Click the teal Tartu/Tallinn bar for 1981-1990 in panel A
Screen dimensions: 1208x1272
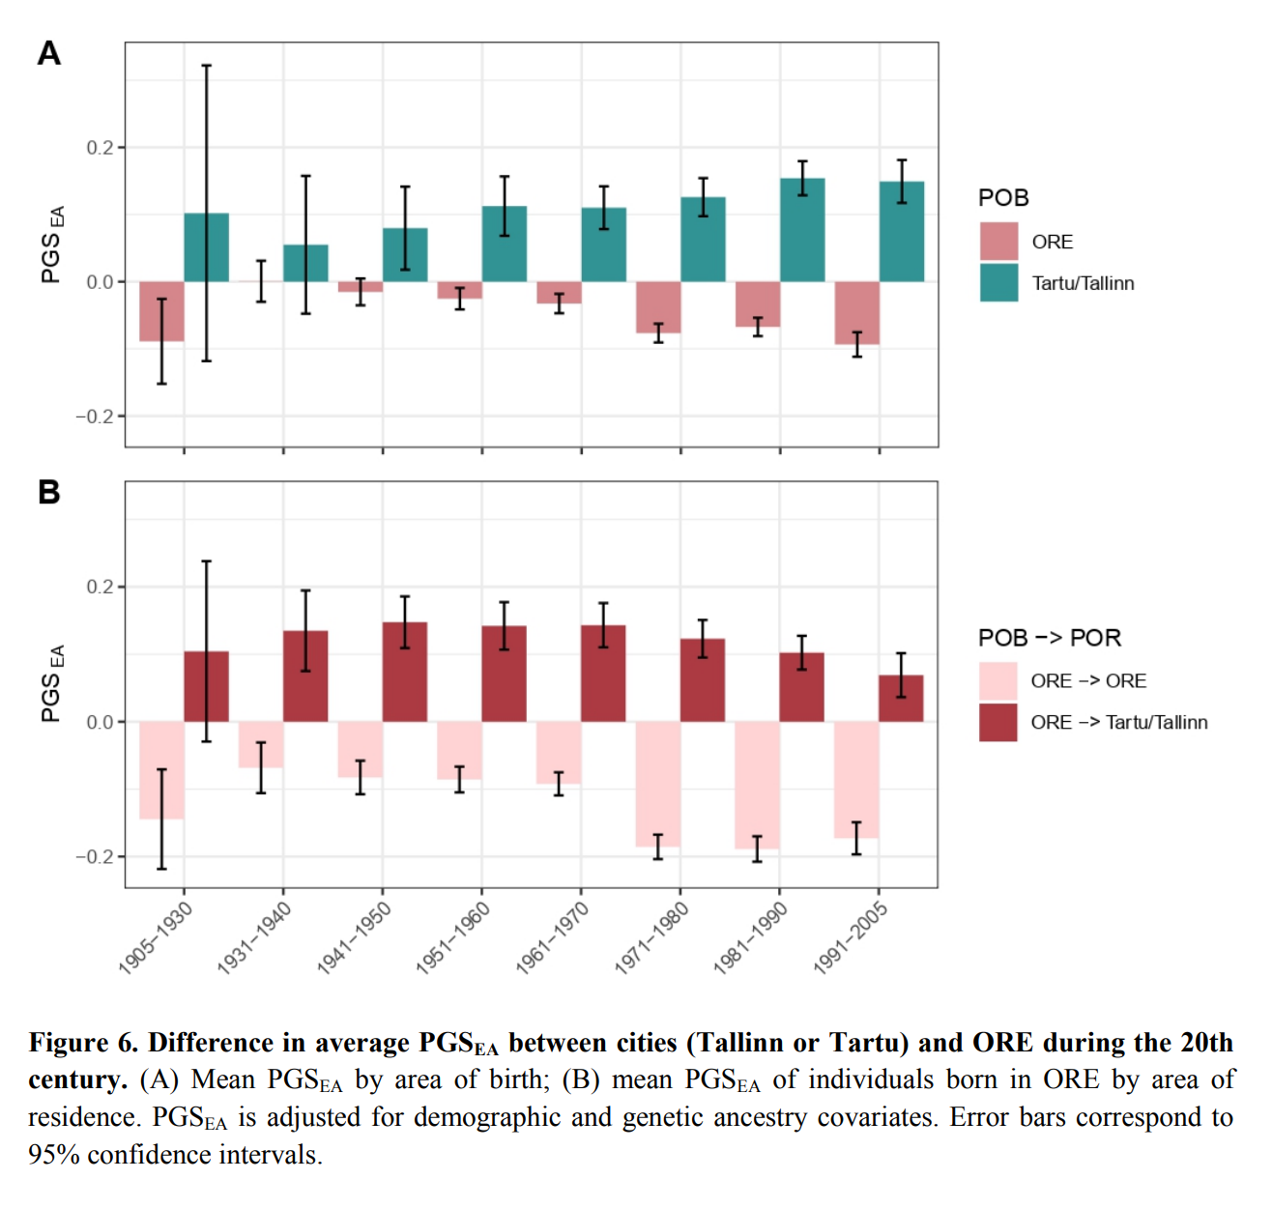[802, 230]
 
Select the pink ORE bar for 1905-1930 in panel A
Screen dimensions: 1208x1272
[161, 311]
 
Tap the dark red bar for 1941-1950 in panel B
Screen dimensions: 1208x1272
[405, 673]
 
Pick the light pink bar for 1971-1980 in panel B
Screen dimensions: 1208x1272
[658, 784]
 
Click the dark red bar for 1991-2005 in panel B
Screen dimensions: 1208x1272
[901, 699]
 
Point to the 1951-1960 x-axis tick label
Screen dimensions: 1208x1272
[453, 938]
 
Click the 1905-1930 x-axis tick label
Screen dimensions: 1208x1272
[156, 938]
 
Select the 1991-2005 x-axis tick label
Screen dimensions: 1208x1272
[851, 938]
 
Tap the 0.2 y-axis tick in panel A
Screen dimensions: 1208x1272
[100, 148]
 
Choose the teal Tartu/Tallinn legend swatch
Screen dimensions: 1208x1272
[998, 283]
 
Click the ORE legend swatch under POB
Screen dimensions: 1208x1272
[998, 242]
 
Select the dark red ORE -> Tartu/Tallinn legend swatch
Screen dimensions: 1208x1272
[998, 723]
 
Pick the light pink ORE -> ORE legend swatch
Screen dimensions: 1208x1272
[998, 681]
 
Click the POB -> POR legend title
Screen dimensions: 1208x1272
[1050, 638]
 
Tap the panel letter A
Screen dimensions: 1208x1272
[49, 53]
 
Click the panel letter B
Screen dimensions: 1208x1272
[49, 493]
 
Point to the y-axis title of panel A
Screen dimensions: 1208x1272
[52, 244]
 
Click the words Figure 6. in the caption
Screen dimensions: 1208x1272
[84, 1044]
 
